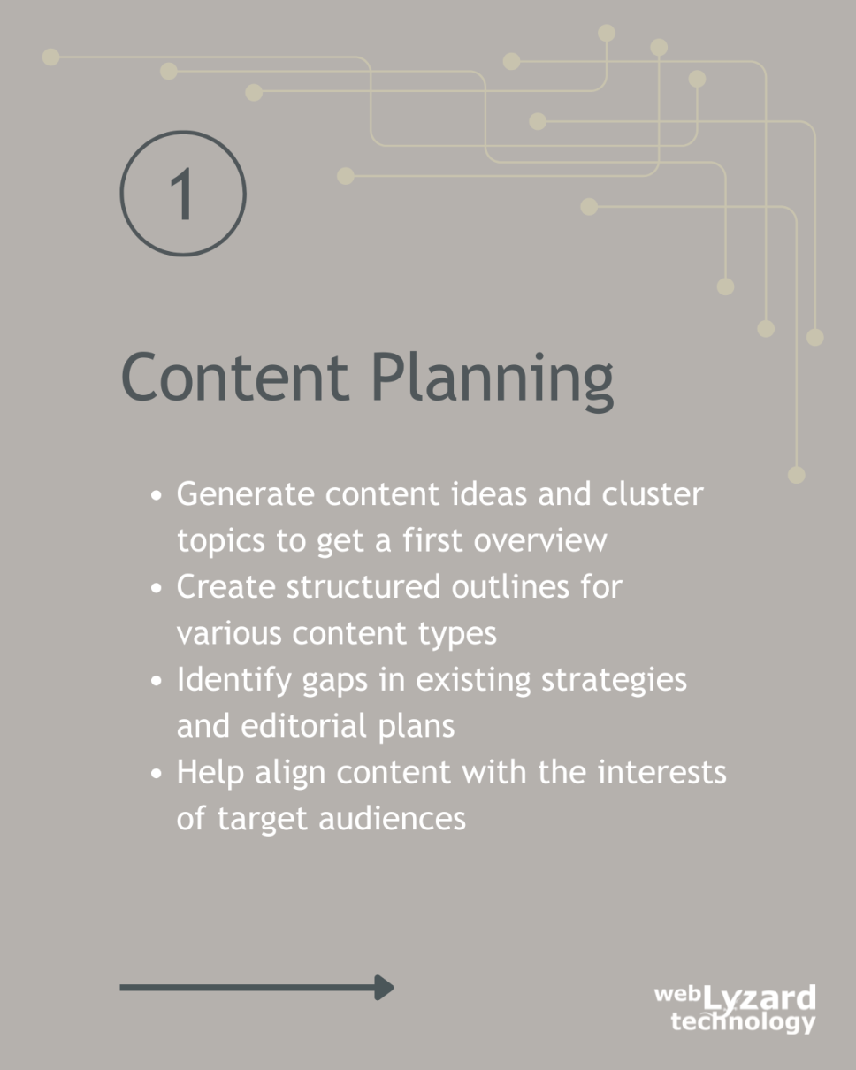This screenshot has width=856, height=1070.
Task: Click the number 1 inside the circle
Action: pos(182,194)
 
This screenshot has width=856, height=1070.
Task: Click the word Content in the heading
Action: pos(234,377)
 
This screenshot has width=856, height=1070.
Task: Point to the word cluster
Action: pos(653,493)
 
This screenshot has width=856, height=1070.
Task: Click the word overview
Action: pos(540,540)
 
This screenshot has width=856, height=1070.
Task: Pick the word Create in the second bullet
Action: pos(226,586)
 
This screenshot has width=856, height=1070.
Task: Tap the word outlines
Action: pos(510,586)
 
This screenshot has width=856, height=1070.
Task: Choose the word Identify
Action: pos(234,681)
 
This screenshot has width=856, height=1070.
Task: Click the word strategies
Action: pos(615,681)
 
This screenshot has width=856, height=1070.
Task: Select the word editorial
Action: pos(304,726)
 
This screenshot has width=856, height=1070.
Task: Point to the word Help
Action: pos(210,774)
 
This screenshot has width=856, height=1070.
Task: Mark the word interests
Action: pos(662,772)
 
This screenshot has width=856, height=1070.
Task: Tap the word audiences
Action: pos(393,819)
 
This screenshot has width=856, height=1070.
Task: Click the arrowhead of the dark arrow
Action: pos(384,988)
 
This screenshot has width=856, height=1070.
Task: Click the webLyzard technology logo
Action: pos(735,1008)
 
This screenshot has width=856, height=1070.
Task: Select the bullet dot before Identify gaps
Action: pos(157,681)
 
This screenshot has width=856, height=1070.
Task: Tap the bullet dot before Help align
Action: pos(157,774)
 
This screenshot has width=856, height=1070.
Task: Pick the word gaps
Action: pos(335,682)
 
